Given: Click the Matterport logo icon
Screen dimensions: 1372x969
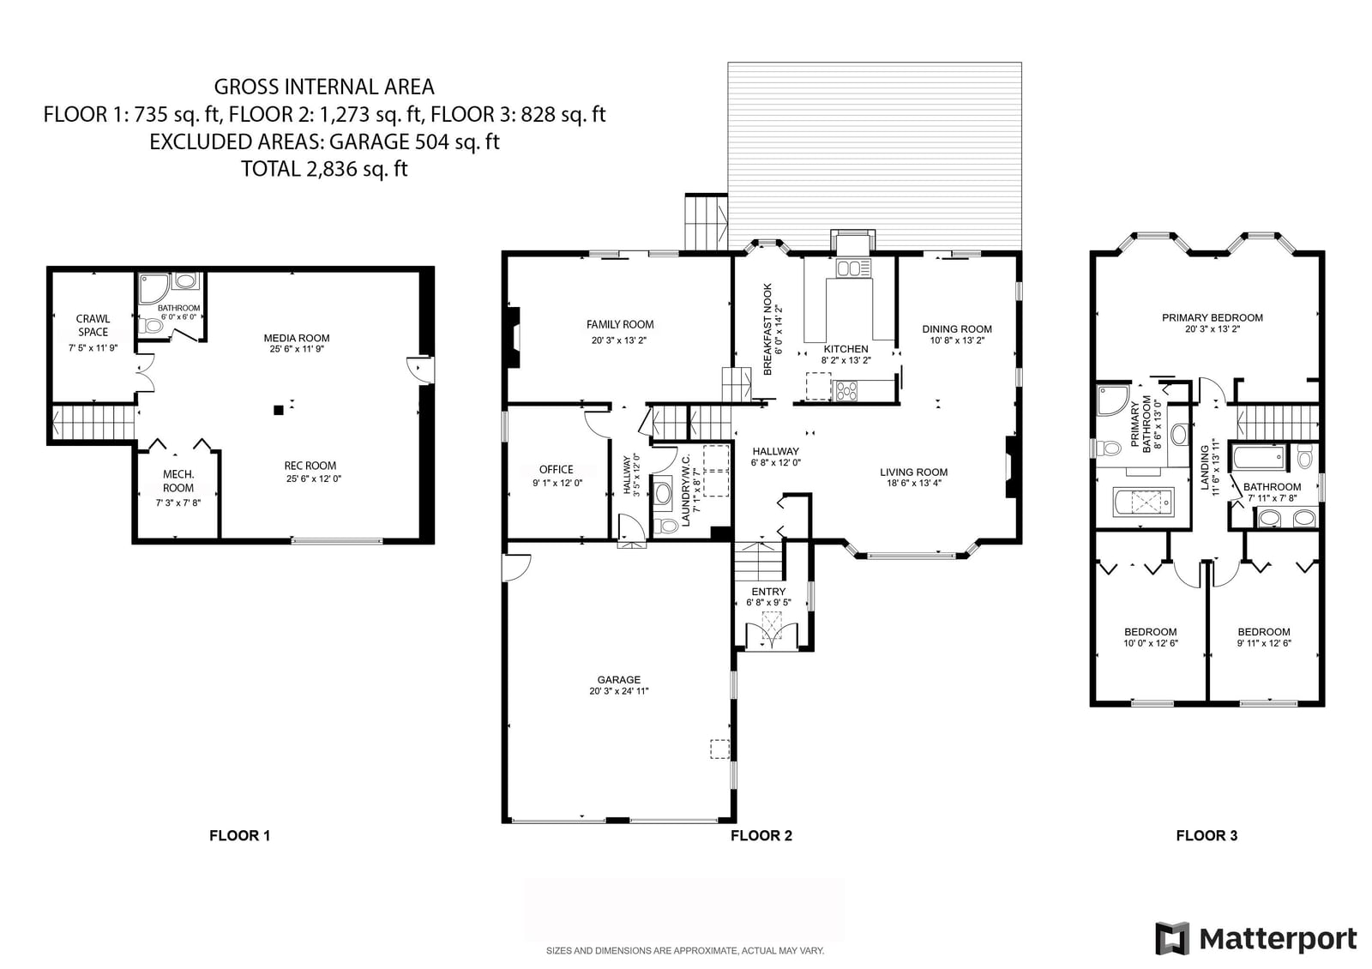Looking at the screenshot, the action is [x=1171, y=938].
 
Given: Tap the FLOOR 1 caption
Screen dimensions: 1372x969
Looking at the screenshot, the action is [x=239, y=835].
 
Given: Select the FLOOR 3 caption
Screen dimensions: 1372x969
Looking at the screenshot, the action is [x=1207, y=835].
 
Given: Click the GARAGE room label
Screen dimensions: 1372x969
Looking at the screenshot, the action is [x=618, y=680].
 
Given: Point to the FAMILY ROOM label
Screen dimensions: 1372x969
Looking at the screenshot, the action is [x=620, y=325].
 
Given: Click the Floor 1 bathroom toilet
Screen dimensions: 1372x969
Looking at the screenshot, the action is [x=151, y=326].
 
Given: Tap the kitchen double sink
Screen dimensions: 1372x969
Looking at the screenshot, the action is [x=853, y=268].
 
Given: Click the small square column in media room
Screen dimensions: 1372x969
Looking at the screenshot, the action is [x=279, y=411].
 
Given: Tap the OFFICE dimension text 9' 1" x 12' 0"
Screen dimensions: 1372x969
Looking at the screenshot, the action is [x=557, y=483].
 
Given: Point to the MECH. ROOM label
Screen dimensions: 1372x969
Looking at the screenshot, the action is [x=178, y=481].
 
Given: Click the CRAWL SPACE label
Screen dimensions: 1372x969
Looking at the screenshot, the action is [x=93, y=325].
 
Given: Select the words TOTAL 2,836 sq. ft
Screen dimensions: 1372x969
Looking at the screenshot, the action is [x=324, y=169].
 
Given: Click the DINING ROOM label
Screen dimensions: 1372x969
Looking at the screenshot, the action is [x=957, y=329].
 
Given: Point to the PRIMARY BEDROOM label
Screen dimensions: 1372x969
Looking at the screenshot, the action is [x=1213, y=318].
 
